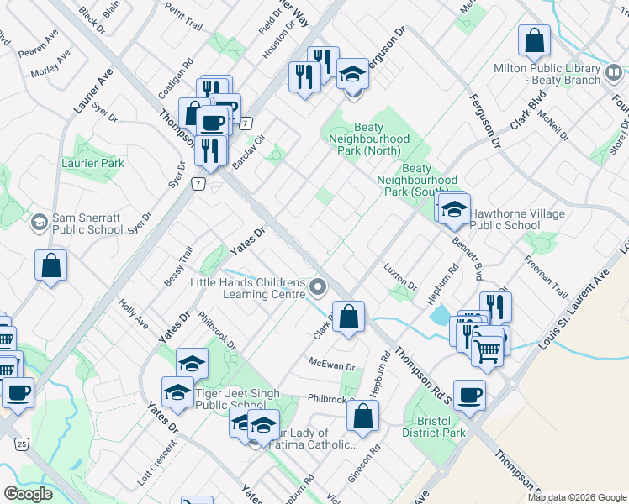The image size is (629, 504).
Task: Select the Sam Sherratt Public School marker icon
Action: pyautogui.click(x=39, y=222)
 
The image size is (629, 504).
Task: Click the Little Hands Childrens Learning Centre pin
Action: pyautogui.click(x=318, y=288)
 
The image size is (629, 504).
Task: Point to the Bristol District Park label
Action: pyautogui.click(x=435, y=426)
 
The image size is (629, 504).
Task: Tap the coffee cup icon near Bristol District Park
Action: pyautogui.click(x=472, y=393)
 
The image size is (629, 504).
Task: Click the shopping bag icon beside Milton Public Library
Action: pyautogui.click(x=534, y=39)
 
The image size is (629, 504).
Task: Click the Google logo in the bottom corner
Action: pyautogui.click(x=28, y=493)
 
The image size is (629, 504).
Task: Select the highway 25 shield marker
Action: pyautogui.click(x=22, y=443)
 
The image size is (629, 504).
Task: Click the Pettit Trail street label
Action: pyautogui.click(x=184, y=17)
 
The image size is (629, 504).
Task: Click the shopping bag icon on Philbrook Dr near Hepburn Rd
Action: pyautogui.click(x=362, y=417)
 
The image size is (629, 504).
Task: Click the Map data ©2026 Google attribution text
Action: pyautogui.click(x=577, y=497)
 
